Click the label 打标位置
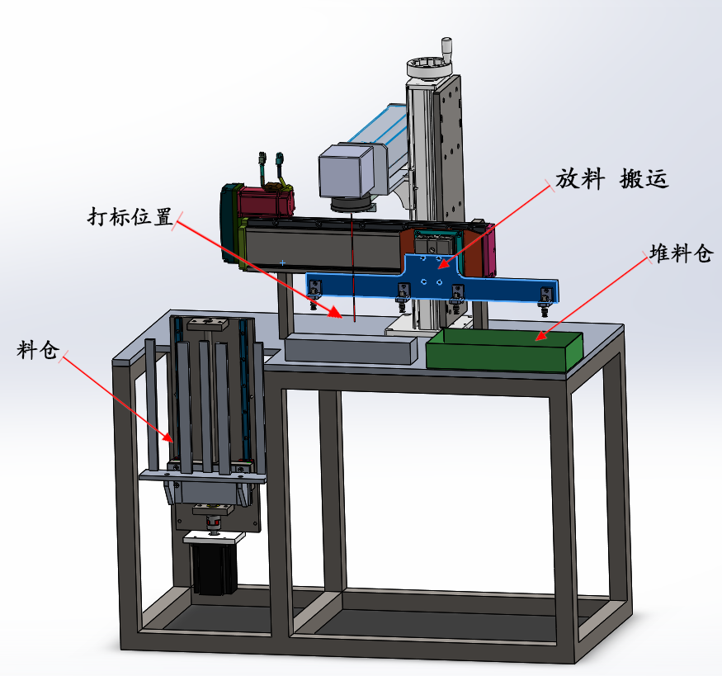click(x=130, y=216)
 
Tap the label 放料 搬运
click(x=611, y=178)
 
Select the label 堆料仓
click(x=681, y=253)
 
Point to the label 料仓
click(x=38, y=350)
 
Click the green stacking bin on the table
click(x=504, y=350)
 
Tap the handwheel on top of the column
click(x=429, y=69)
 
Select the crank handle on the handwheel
click(x=446, y=47)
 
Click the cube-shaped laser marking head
click(x=347, y=172)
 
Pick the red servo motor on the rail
click(x=266, y=201)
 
